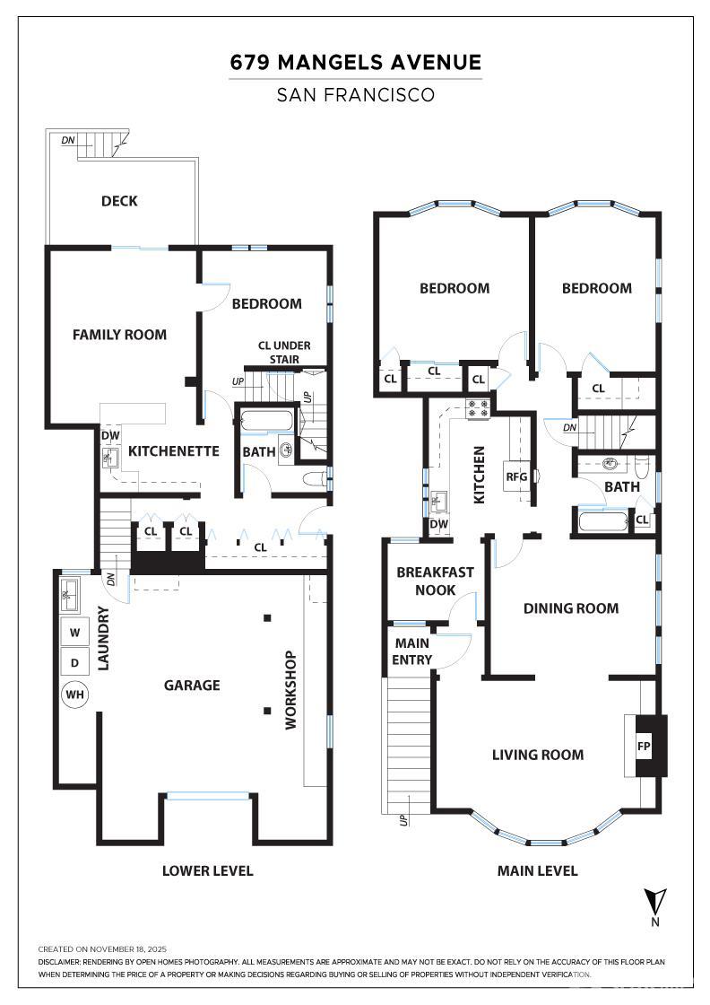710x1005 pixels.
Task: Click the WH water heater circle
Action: pos(75,695)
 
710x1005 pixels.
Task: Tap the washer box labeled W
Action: pos(75,633)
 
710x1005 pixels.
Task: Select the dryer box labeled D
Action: pos(75,662)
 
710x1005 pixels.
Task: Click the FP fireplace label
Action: pos(644,746)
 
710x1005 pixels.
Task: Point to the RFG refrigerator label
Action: pos(516,476)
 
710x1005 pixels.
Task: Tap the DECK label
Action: pos(120,201)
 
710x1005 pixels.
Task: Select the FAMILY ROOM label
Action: pos(120,335)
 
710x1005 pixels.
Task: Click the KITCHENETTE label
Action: pos(174,451)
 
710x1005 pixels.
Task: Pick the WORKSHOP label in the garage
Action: pos(290,690)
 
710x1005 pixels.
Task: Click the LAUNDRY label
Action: pos(103,638)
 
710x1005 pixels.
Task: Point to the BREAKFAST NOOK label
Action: pos(436,581)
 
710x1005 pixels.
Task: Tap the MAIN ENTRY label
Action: pos(412,651)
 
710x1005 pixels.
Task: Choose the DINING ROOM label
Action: pos(571,608)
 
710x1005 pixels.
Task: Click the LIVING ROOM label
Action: pos(538,755)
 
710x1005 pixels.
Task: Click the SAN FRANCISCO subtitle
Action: pos(356,95)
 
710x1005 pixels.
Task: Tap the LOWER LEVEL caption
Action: pos(207,870)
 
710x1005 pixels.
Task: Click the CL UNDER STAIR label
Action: pos(284,353)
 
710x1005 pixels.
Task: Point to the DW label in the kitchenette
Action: pos(111,436)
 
